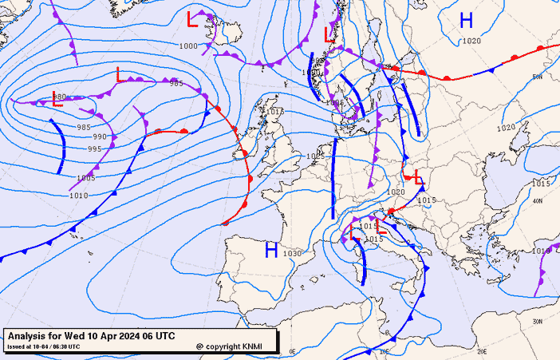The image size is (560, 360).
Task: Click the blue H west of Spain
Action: pos(271,251)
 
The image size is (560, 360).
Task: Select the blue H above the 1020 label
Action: pos(467,21)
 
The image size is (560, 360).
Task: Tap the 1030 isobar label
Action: pos(293,254)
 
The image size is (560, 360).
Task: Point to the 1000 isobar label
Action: pos(188,46)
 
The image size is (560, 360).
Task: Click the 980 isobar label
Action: pos(60,97)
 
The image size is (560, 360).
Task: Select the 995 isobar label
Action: pos(94,148)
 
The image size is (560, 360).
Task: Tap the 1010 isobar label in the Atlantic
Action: pos(78,196)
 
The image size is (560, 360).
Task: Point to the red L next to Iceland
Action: pos(191,19)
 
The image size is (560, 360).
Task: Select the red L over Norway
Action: pos(329,34)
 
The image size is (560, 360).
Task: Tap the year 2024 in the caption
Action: pos(125,336)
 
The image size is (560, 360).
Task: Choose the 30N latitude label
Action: pos(538,321)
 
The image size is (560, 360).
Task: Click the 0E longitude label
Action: pos(292,351)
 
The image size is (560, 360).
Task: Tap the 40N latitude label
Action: pos(538,201)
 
